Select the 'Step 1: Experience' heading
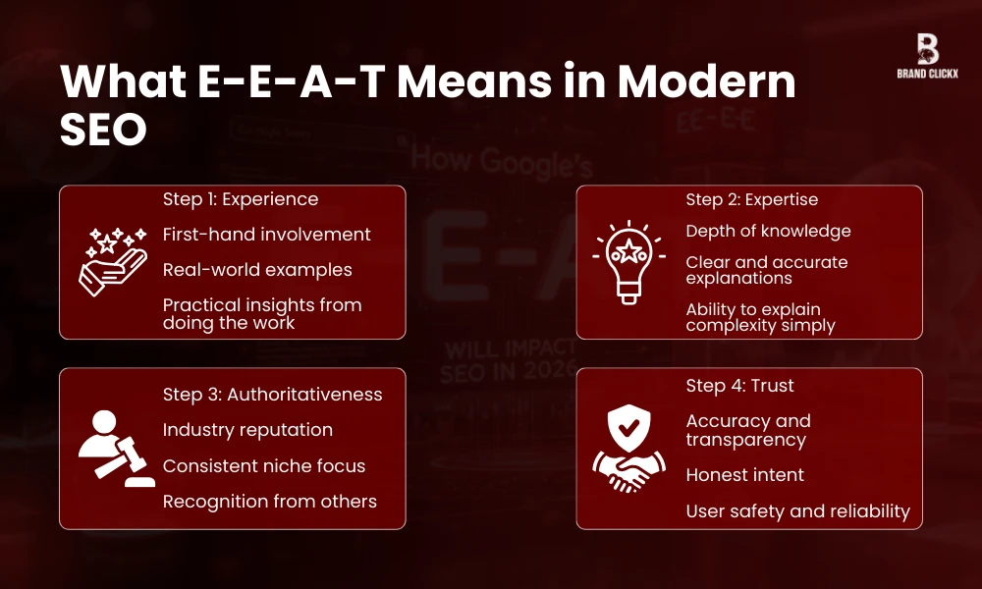241,199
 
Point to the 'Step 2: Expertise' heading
752,199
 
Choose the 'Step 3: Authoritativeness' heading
272,394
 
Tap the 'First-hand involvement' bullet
266,235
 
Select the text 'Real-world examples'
257,269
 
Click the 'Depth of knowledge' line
768,231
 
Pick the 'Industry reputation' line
247,430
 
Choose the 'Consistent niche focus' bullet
263,465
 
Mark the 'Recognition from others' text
269,501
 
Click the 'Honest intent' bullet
744,475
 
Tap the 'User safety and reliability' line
797,511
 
